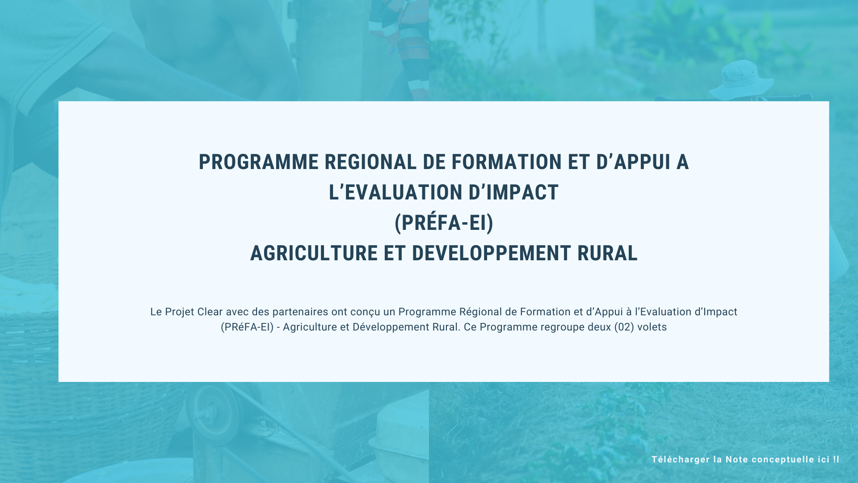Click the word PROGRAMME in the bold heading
pos(259,162)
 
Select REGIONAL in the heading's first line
pos(370,162)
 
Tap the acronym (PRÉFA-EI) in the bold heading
pos(444,223)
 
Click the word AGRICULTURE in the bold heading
pos(314,253)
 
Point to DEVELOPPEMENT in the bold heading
pos(491,253)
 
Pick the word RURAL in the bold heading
pos(607,253)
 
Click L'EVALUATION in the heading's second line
pos(389,192)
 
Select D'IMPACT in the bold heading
pos(507,192)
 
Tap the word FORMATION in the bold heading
pos(506,162)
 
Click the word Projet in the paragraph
pos(180,312)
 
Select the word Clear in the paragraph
pos(210,312)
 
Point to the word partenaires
pos(300,312)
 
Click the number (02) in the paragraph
pos(624,327)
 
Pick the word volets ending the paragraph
pos(652,327)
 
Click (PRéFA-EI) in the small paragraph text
pos(247,327)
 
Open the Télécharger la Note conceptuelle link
pos(745,459)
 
